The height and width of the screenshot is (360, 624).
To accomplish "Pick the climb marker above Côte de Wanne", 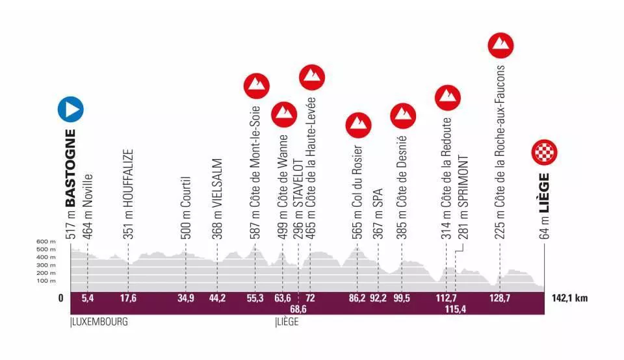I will tap(283, 114).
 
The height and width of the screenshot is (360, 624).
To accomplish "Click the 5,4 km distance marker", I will tap(87, 298).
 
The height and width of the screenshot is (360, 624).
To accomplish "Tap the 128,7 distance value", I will tap(500, 298).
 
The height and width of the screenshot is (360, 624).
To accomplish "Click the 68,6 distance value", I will tap(298, 309).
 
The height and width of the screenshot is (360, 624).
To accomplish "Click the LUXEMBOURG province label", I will tap(98, 321).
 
